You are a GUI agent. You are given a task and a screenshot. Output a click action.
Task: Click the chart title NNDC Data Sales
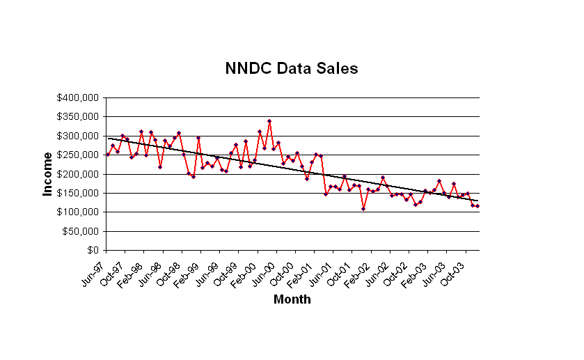292,68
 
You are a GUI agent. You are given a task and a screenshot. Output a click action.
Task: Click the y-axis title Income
47,174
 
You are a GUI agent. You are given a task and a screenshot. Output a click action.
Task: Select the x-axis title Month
292,300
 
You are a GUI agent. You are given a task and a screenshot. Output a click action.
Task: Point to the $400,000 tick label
78,98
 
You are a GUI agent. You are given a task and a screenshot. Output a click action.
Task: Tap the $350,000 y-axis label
78,117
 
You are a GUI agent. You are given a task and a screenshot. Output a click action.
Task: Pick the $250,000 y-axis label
78,155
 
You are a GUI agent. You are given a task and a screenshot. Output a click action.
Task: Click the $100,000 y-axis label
78,212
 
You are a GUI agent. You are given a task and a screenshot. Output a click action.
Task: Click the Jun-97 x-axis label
95,268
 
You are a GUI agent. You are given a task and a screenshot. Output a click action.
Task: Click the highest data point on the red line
269,121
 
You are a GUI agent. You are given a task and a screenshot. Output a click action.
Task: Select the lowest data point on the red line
363,209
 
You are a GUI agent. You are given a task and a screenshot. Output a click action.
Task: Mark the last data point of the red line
478,206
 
